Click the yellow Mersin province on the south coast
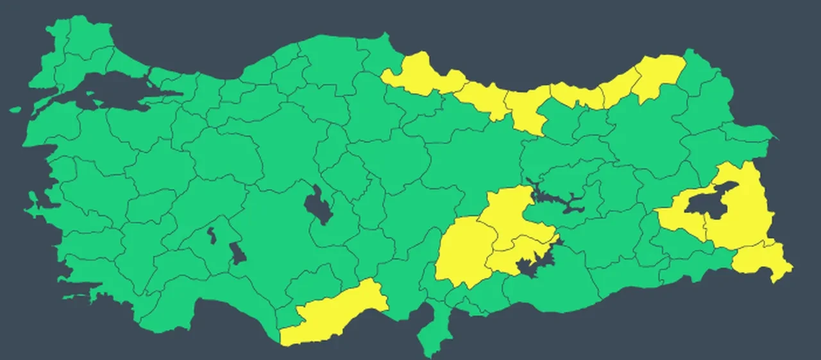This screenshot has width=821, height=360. click(x=334, y=314)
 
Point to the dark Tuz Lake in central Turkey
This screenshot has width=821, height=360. click(x=317, y=205)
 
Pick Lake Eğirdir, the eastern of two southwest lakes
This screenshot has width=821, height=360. click(x=237, y=253)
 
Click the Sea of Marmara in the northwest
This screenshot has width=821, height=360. click(x=109, y=87)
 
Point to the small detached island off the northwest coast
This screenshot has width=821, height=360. click(x=16, y=109)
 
